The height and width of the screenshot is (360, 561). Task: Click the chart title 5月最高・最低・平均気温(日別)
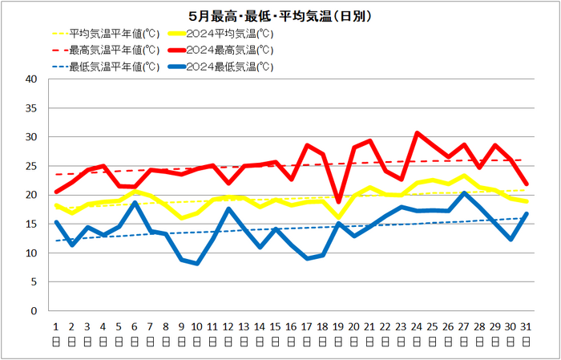pyautogui.click(x=280, y=17)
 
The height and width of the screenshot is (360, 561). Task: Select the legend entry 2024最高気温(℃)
pyautogui.click(x=220, y=51)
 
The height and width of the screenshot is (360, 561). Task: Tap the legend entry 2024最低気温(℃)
pyautogui.click(x=220, y=67)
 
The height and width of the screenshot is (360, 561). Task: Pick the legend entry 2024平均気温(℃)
pyautogui.click(x=220, y=34)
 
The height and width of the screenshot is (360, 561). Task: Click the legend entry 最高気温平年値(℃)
pyautogui.click(x=106, y=51)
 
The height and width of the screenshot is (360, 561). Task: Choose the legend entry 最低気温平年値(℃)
pyautogui.click(x=106, y=67)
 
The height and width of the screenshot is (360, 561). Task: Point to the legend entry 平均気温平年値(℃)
pyautogui.click(x=106, y=34)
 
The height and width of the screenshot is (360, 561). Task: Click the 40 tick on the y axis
pyautogui.click(x=33, y=79)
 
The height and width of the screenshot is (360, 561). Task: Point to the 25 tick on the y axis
pyautogui.click(x=33, y=166)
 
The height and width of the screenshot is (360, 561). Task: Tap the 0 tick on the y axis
pyautogui.click(x=34, y=311)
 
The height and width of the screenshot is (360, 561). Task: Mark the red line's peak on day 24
pyautogui.click(x=417, y=133)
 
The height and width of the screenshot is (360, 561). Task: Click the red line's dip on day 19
pyautogui.click(x=338, y=202)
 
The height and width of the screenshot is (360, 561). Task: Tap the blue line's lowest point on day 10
pyautogui.click(x=197, y=264)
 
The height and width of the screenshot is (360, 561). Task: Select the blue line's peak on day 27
pyautogui.click(x=464, y=193)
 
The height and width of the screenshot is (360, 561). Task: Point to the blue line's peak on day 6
pyautogui.click(x=135, y=203)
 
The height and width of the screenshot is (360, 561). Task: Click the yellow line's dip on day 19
pyautogui.click(x=338, y=217)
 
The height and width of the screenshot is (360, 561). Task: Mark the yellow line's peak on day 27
pyautogui.click(x=464, y=176)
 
